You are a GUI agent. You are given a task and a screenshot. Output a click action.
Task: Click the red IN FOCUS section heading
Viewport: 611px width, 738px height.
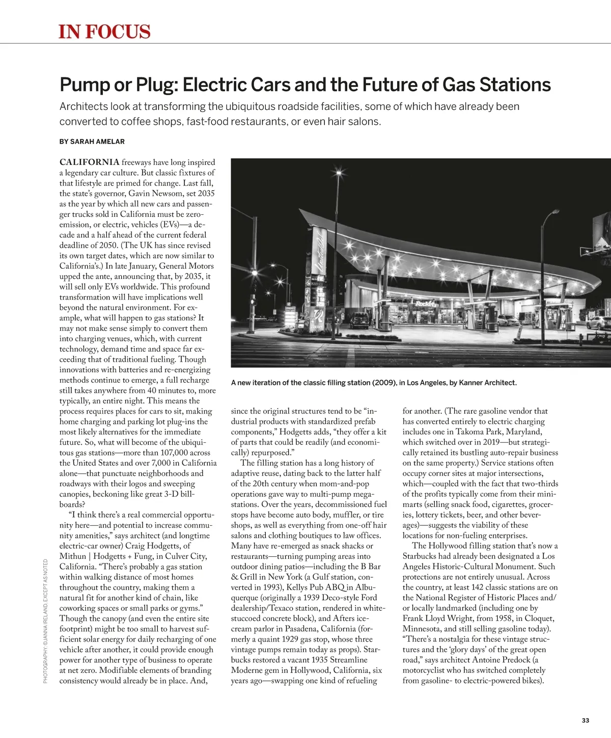click(105, 32)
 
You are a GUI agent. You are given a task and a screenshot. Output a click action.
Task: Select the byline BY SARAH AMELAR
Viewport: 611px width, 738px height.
click(92, 141)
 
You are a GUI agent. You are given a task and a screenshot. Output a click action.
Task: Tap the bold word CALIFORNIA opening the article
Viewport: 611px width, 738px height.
click(90, 162)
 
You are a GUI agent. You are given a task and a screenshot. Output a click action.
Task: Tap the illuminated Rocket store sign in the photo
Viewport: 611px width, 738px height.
click(426, 303)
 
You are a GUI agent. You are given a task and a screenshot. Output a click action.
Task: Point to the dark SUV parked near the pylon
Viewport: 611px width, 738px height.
click(359, 320)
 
